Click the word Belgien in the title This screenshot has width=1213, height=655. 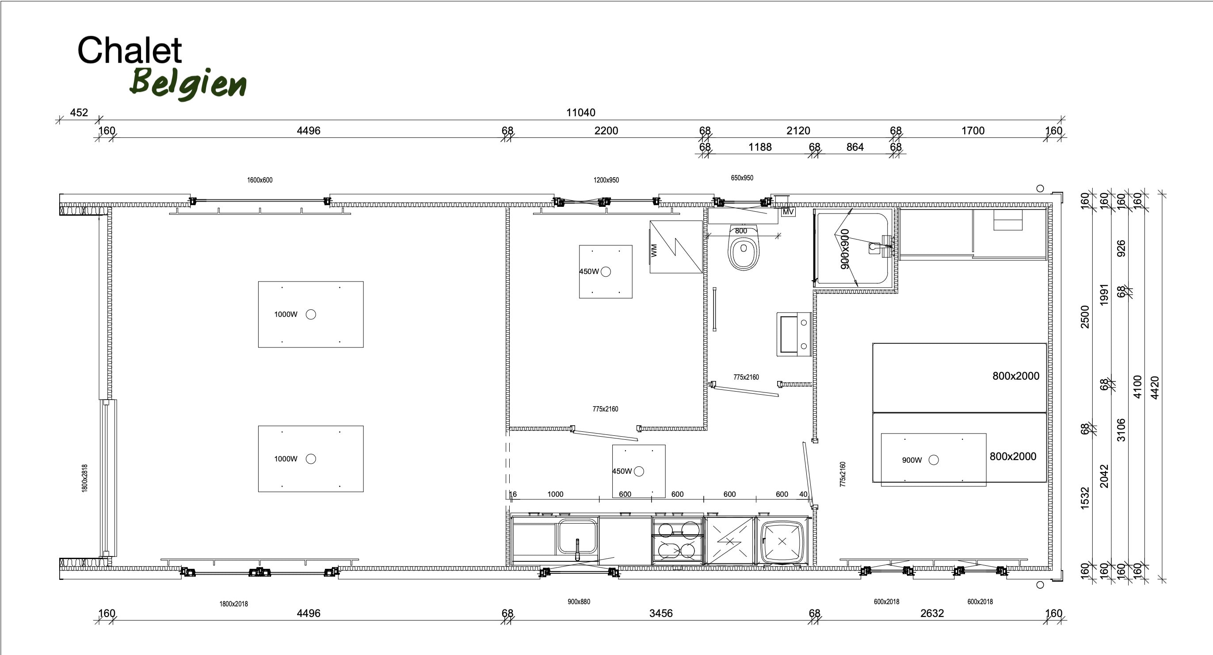coord(188,84)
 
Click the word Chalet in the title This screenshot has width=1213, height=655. coord(130,50)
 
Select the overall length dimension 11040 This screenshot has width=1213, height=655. coord(580,113)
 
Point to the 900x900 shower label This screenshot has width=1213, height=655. coord(845,249)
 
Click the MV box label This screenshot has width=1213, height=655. coord(788,212)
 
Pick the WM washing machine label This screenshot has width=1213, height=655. coord(654,250)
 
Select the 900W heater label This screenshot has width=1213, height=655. coord(912,460)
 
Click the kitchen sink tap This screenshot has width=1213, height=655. coord(578,549)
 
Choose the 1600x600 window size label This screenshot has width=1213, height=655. coord(259,180)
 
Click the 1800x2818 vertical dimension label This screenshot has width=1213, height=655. coord(85,478)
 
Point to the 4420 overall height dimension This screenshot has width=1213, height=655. coord(1155,388)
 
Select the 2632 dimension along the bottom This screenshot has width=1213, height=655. coord(932,613)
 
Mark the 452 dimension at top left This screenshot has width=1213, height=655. coord(79,113)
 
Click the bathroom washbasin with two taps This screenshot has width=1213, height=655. coord(794,334)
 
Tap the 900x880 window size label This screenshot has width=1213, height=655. coord(579,602)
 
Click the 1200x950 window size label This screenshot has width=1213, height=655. coord(606,180)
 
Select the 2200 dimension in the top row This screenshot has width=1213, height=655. coord(606,130)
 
